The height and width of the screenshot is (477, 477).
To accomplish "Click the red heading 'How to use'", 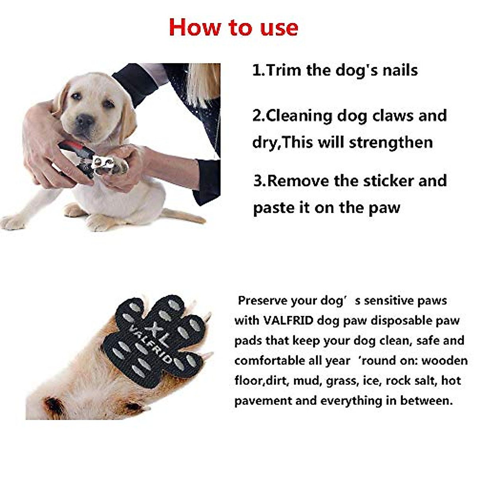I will (x=233, y=27).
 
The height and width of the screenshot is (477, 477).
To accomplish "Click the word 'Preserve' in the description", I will (x=263, y=301).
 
